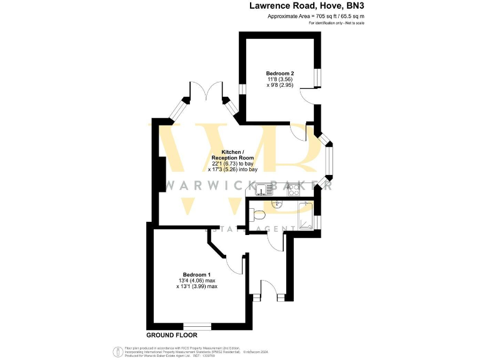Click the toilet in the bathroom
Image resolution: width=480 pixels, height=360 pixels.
(x=259, y=216)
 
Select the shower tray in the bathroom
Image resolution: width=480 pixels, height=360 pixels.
(x=306, y=216)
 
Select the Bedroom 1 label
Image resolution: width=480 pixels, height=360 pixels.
(x=196, y=275)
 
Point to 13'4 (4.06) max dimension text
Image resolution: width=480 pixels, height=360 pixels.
(x=197, y=281)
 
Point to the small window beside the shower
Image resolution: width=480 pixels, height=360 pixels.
(x=318, y=221)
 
